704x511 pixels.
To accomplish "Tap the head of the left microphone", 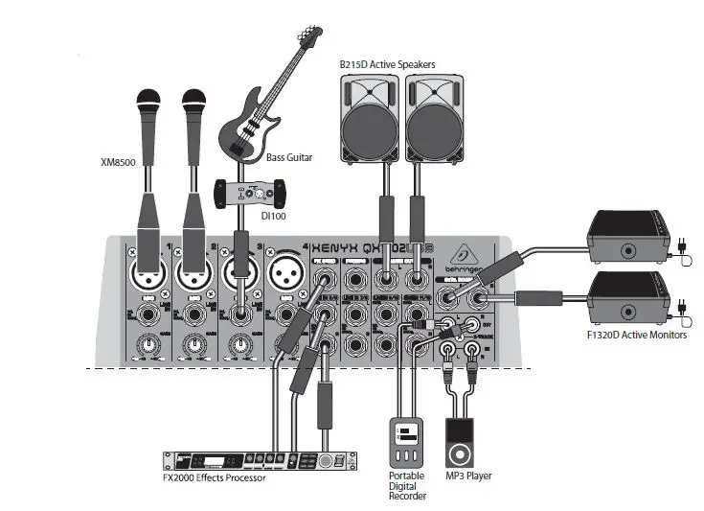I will (x=148, y=101).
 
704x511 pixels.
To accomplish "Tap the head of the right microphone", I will (x=194, y=101).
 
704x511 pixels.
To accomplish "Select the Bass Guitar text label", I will (x=290, y=156).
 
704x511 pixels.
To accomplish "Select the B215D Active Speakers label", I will (x=387, y=64).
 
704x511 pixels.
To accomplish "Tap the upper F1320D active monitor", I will (x=626, y=237).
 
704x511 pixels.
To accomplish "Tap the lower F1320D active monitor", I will (x=626, y=296).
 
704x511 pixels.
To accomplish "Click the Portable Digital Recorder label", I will (x=406, y=485).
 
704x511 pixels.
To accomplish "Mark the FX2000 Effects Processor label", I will (x=216, y=478).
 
